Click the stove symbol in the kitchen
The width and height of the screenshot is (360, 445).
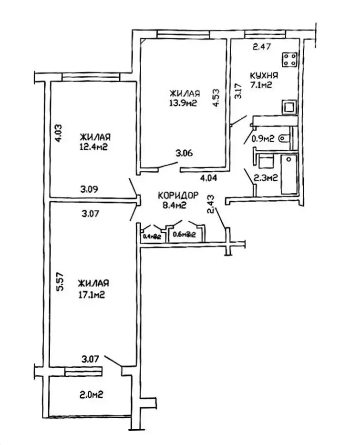289,60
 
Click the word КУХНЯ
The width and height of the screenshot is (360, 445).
264,76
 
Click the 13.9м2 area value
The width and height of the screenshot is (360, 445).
184,103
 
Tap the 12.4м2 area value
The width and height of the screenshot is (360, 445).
93,146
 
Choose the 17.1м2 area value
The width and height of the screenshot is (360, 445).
92,294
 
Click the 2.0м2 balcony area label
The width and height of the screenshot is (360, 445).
92,395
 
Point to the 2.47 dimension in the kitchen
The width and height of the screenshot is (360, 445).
261,47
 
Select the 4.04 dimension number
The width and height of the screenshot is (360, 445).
208,178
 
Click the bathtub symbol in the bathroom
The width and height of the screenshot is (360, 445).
288,174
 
